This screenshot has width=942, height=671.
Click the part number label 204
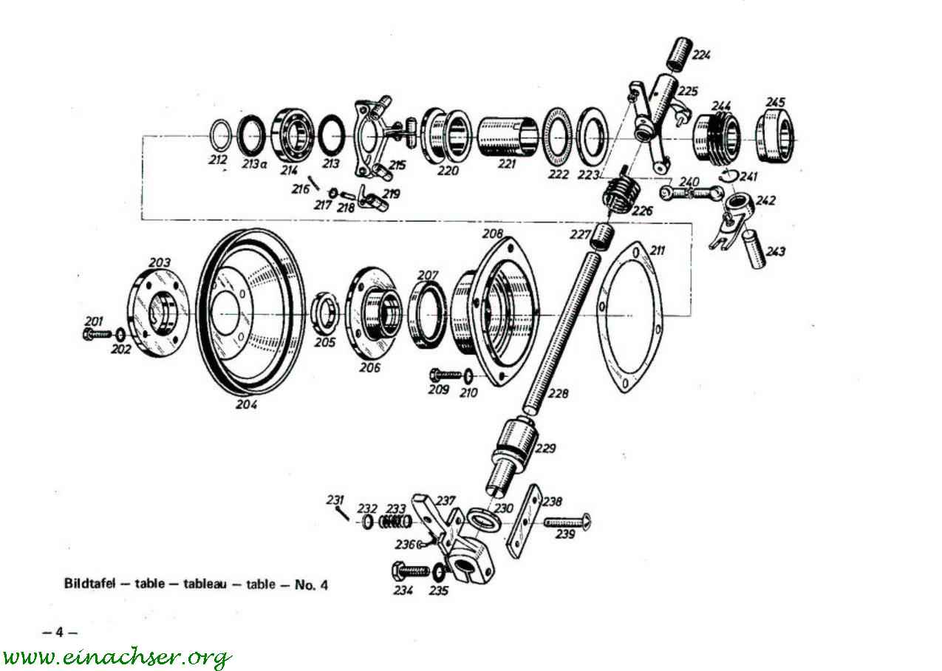tap(247, 405)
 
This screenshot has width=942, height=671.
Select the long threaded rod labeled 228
tap(562, 332)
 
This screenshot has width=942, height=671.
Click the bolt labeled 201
tap(97, 334)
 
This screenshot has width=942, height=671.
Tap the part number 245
tap(775, 102)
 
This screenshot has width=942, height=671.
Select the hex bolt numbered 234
tap(411, 571)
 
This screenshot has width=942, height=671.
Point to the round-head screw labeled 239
tap(567, 522)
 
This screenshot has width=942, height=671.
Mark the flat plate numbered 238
tap(524, 520)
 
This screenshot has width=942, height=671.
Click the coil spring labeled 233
tap(395, 522)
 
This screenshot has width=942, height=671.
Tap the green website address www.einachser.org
tap(116, 656)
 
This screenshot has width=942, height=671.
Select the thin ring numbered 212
tap(220, 134)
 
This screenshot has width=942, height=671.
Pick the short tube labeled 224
tap(680, 55)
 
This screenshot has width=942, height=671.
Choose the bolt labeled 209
tap(446, 374)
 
